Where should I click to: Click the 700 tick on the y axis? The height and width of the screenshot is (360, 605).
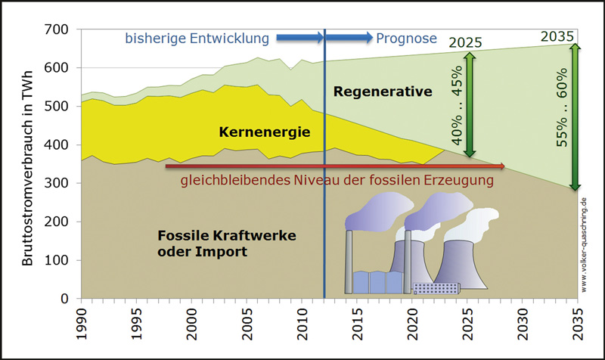tap(56, 29)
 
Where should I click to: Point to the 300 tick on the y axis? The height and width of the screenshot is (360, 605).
tap(56, 183)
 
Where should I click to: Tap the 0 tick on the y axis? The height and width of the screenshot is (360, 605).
tap(64, 298)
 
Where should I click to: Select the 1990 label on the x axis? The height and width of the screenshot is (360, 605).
tap(82, 324)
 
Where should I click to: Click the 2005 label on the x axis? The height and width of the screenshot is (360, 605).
tap(247, 324)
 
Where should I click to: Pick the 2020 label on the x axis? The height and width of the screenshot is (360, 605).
tap(412, 324)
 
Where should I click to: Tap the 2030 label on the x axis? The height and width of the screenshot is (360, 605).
tap(523, 324)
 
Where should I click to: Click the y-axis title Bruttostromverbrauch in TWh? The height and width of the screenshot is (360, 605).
tap(27, 168)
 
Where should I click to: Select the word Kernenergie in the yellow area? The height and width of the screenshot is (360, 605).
tap(265, 132)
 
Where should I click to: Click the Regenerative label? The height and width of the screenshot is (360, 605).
tap(383, 92)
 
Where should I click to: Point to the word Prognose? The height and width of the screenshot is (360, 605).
tap(407, 39)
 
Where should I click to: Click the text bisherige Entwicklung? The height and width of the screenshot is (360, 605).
tap(197, 39)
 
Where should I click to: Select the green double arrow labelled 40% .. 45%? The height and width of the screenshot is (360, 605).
tap(470, 104)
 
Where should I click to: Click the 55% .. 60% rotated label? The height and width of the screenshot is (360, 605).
tap(562, 107)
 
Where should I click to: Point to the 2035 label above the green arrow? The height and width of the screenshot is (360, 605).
tap(557, 36)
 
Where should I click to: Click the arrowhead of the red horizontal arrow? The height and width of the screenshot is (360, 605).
tap(502, 166)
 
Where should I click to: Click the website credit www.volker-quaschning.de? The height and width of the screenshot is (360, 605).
tap(583, 244)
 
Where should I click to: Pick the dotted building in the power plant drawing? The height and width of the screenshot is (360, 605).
tap(436, 289)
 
